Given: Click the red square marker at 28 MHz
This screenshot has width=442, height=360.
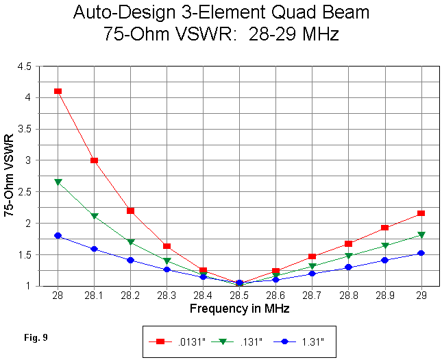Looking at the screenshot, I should (58, 91).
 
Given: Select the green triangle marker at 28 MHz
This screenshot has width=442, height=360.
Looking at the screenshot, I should (58, 182).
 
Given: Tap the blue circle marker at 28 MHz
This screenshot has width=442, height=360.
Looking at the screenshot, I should (58, 235).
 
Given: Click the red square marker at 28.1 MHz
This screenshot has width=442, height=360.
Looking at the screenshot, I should (94, 160).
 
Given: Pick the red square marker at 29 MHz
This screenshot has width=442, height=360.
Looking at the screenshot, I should (421, 214).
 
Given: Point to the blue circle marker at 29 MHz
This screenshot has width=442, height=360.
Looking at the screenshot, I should (421, 253).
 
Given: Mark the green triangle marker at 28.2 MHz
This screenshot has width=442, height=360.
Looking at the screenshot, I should (130, 242).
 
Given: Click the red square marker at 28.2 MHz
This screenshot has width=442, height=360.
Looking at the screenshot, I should (130, 211).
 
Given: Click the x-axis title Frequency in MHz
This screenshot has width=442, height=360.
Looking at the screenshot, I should (239, 309).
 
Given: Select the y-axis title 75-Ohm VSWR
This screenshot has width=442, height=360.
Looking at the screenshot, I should (9, 176).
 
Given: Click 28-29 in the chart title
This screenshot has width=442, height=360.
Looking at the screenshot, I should (261, 34).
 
